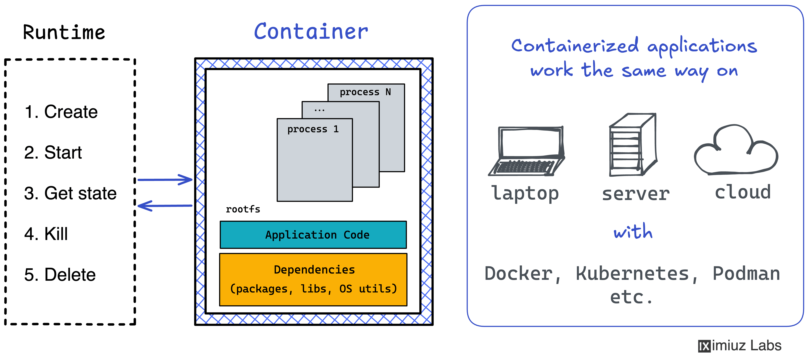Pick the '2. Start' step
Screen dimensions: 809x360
click(x=53, y=153)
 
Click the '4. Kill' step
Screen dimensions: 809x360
click(x=46, y=234)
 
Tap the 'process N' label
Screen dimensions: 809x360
click(x=365, y=92)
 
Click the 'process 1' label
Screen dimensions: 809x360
click(x=313, y=129)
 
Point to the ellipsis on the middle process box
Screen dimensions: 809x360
click(x=319, y=110)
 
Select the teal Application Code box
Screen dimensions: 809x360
click(x=313, y=235)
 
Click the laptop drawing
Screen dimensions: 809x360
click(x=527, y=151)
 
